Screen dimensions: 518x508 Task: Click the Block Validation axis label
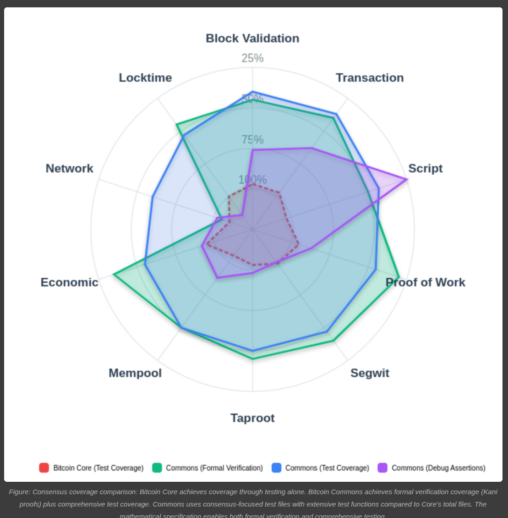252,39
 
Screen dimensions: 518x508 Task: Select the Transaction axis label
370,78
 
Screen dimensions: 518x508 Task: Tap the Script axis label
425,169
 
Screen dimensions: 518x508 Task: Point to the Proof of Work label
425,282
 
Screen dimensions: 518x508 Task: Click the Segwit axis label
370,373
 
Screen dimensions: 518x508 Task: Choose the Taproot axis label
252,418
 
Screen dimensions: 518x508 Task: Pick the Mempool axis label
135,373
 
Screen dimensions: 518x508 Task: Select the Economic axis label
69,282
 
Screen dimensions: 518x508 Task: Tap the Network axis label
69,169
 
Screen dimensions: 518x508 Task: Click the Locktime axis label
145,78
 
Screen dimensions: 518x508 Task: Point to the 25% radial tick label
252,58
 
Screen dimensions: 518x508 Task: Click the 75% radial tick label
252,139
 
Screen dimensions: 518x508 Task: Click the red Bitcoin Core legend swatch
44,468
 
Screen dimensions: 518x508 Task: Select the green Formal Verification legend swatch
157,468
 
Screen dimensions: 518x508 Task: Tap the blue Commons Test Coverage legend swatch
276,468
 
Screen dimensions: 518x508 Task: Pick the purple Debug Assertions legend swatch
382,468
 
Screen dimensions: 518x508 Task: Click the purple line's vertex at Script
407,179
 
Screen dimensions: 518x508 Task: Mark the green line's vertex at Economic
114,275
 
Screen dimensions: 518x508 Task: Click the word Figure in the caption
20,492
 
